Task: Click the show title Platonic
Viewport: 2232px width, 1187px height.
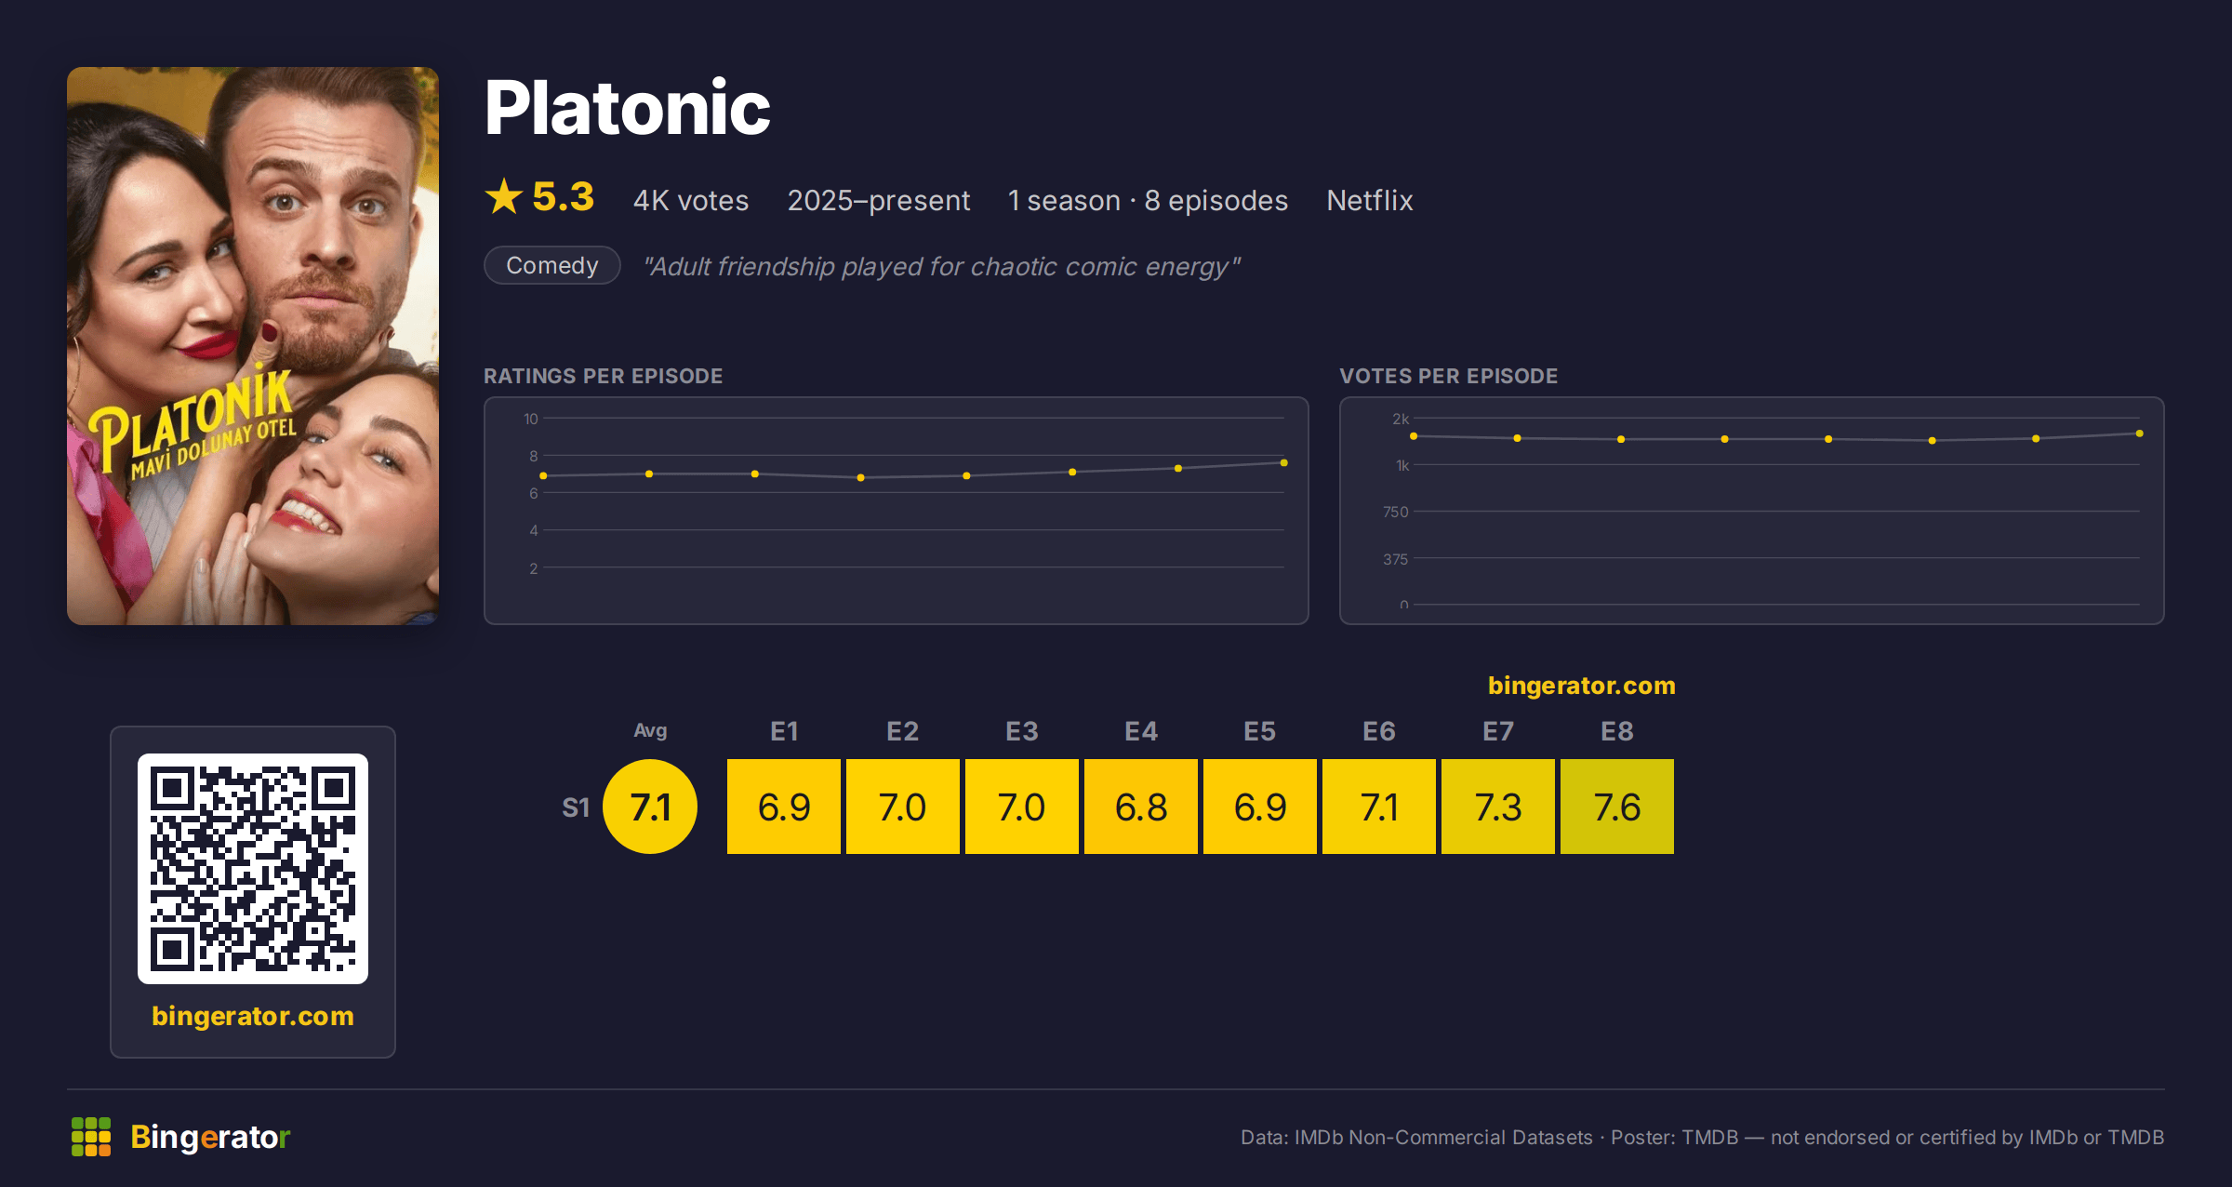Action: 628,108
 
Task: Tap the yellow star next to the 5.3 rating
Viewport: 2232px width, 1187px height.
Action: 504,196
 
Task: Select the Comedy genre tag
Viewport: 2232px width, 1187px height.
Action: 552,265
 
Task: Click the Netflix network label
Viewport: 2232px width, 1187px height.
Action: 1369,200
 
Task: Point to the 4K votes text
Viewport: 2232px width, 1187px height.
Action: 691,200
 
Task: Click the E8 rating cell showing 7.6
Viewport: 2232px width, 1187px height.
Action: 1617,807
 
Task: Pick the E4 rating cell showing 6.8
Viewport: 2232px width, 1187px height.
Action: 1141,807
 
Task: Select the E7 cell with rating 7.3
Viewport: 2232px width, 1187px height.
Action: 1498,807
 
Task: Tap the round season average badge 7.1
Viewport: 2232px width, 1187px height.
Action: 650,807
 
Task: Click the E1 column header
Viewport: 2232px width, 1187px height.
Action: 784,731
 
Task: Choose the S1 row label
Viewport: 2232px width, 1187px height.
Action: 576,807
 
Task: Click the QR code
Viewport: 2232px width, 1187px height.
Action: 253,869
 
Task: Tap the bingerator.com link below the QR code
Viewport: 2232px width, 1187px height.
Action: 253,1016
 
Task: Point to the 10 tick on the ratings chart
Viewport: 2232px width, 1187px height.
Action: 531,419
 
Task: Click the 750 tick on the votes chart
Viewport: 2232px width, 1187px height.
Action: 1395,512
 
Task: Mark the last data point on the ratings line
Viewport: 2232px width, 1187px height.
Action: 1284,462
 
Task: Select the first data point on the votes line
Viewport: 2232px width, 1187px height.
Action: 1414,436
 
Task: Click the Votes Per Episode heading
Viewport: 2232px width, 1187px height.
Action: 1448,376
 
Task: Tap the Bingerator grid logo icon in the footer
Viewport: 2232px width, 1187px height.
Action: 91,1137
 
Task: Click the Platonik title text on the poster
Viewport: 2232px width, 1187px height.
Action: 191,420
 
